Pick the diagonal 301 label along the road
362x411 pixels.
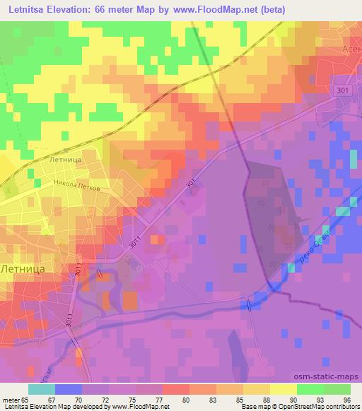click(192, 182)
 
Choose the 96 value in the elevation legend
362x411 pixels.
click(346, 399)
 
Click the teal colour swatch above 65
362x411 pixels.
click(42, 388)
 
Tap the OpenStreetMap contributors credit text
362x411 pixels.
click(321, 407)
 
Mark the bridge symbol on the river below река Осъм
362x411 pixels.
click(249, 304)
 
